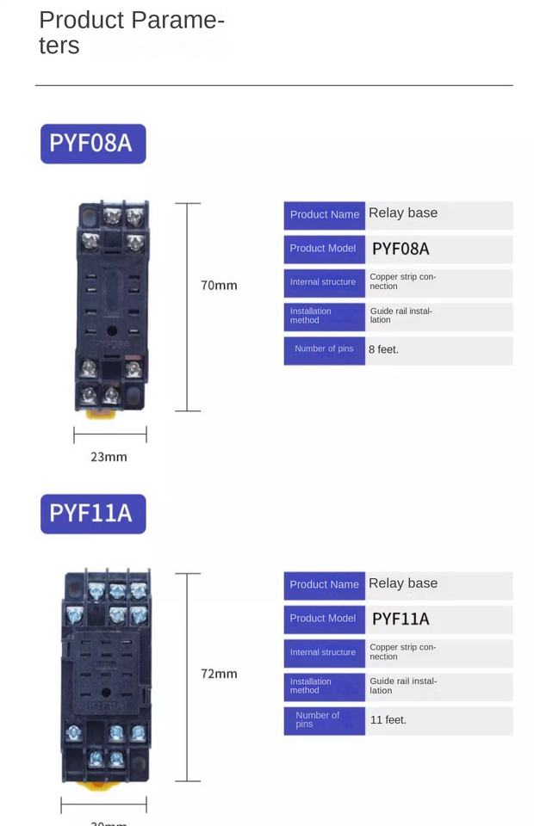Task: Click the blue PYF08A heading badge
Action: [93, 144]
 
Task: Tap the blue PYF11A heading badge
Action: [93, 514]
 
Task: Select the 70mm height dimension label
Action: [219, 285]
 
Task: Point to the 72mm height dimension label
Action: [219, 674]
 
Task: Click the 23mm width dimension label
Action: [109, 457]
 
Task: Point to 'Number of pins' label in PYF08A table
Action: [324, 349]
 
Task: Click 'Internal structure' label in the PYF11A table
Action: [323, 653]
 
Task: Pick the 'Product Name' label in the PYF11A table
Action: [324, 585]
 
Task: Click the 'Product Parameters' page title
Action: [132, 33]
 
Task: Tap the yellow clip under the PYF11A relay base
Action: [105, 786]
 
